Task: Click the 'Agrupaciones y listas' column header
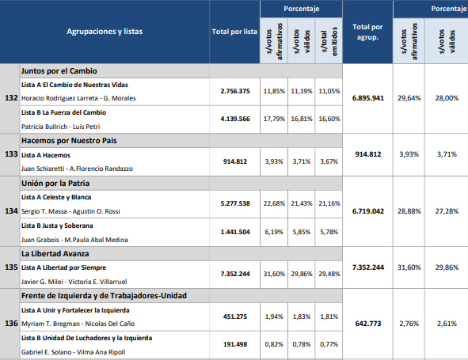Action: click(105, 32)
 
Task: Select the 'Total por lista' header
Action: click(234, 32)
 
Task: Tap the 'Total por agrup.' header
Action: click(367, 32)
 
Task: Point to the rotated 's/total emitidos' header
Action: click(329, 41)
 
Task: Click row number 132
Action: click(11, 98)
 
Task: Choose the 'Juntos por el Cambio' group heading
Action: click(59, 71)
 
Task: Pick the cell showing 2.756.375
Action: click(235, 91)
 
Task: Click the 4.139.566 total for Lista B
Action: click(235, 119)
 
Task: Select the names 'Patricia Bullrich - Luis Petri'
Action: click(61, 127)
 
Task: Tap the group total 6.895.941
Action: click(368, 98)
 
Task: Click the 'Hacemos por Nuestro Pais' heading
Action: click(69, 141)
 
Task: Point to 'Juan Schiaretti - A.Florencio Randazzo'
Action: click(77, 169)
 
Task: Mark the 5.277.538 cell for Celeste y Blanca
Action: click(235, 203)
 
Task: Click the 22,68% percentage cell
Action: click(274, 203)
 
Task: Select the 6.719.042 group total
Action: click(368, 211)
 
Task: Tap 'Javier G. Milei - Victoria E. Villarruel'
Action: click(74, 282)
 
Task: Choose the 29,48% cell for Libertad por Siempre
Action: click(329, 274)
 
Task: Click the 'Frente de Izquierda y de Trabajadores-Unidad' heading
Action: click(104, 296)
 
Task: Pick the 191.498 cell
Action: click(235, 344)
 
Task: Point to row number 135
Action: click(11, 267)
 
